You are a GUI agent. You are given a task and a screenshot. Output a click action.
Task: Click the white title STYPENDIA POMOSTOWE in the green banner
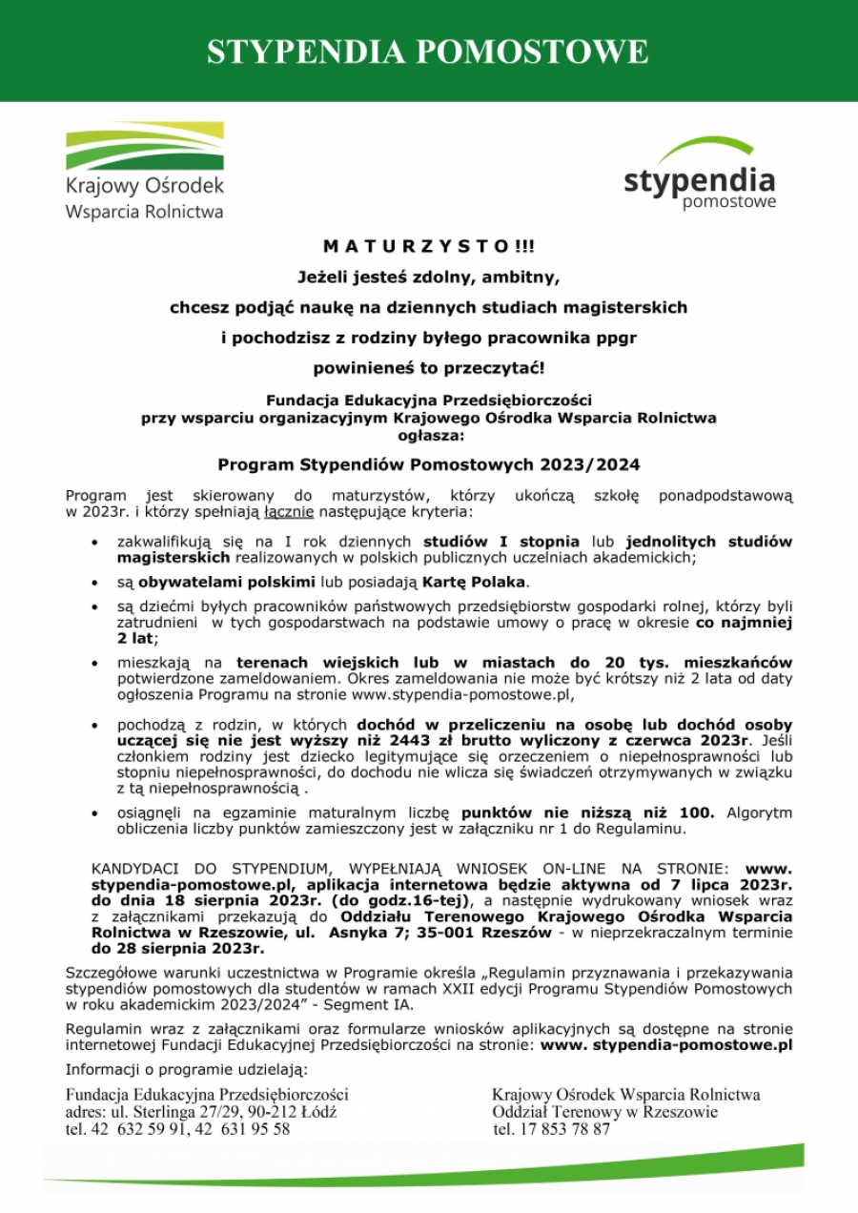[x=428, y=51]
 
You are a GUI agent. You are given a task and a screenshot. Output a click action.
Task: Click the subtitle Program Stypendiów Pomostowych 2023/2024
[x=428, y=465]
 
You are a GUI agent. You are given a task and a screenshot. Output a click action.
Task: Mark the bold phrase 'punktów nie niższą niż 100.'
[x=588, y=813]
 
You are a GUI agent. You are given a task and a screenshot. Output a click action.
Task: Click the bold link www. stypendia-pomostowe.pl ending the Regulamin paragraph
[x=666, y=1045]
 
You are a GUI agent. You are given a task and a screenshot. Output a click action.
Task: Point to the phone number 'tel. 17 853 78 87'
[x=553, y=1129]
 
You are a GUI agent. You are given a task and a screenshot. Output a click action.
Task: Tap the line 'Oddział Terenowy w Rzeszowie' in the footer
[x=604, y=1112]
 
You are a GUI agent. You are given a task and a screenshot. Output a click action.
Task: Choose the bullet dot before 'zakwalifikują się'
[x=92, y=543]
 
